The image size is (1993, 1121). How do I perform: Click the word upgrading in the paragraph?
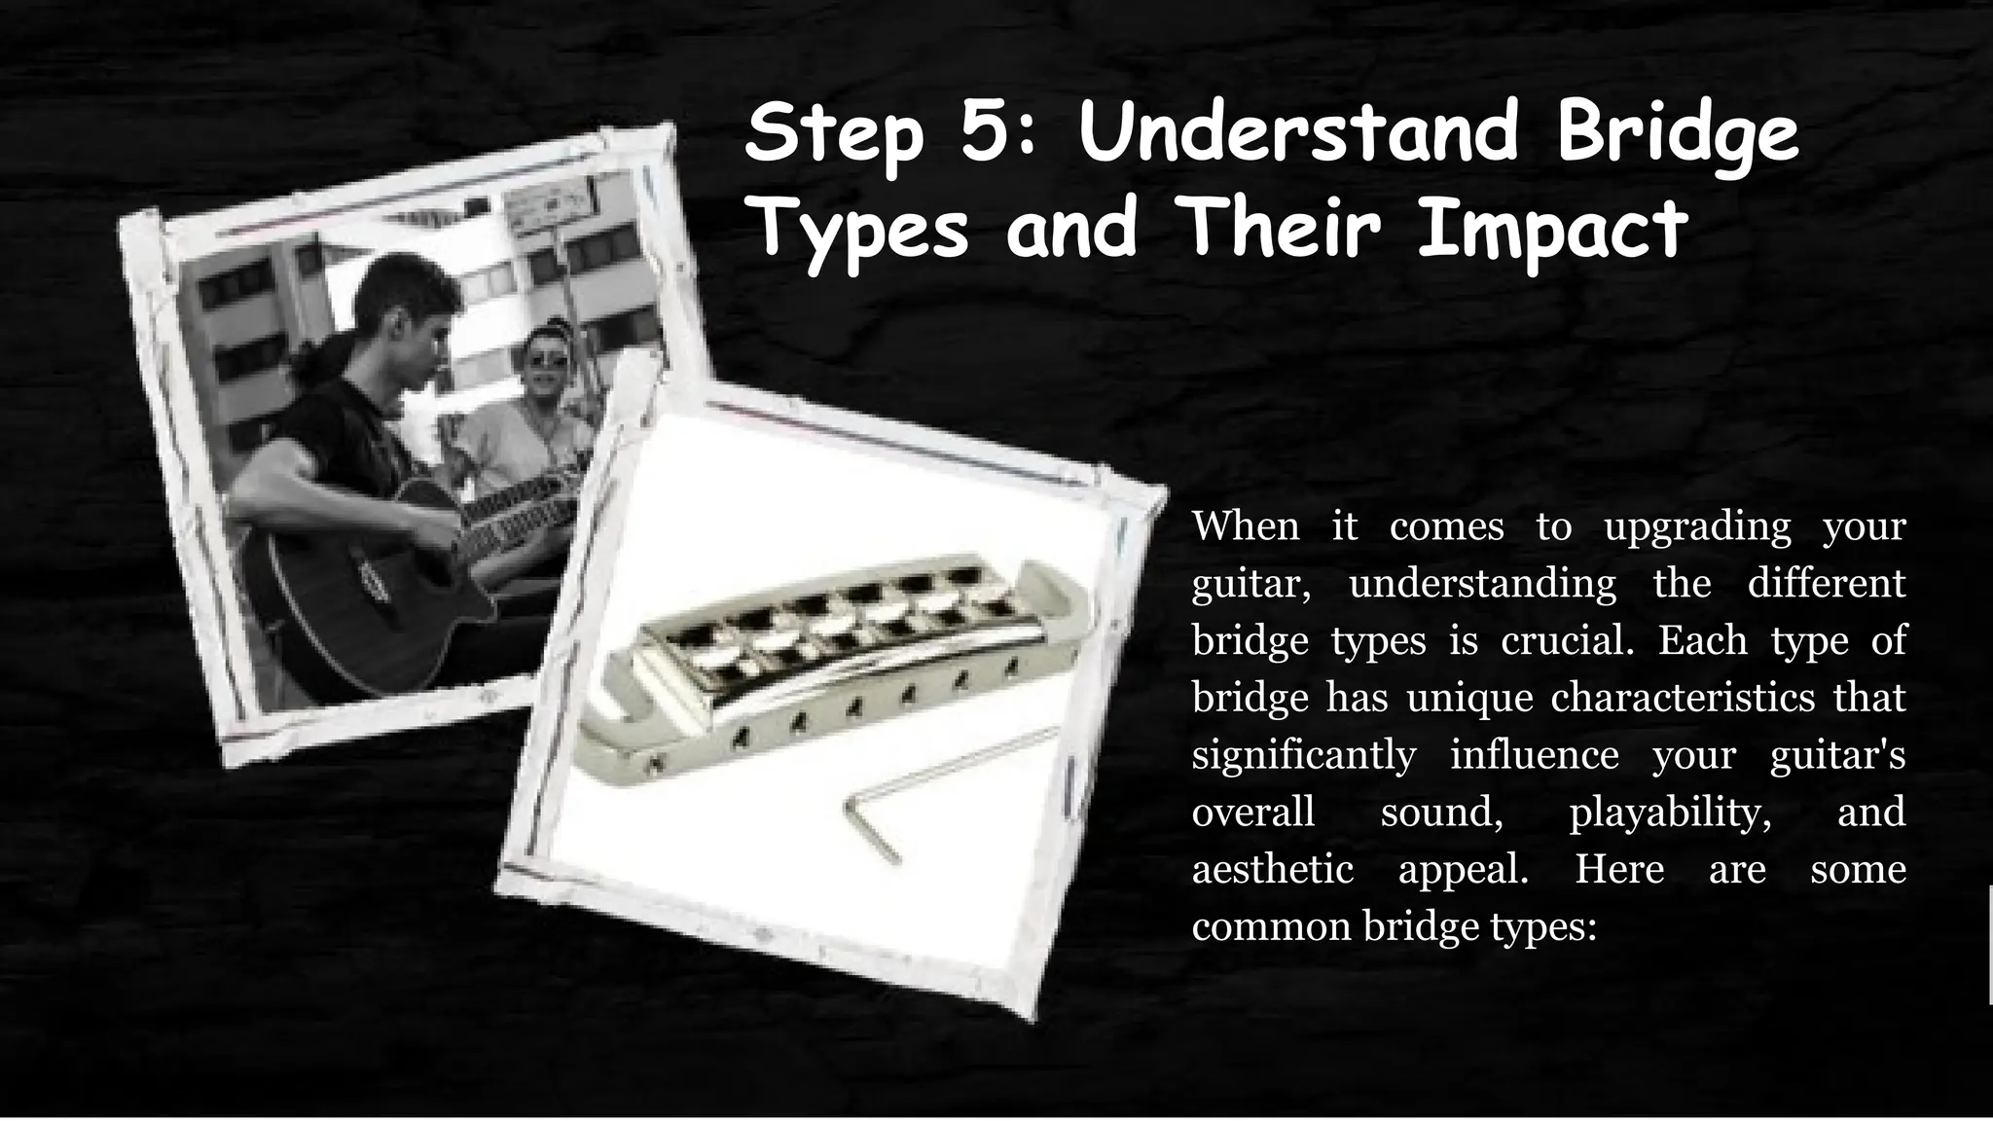(x=1697, y=526)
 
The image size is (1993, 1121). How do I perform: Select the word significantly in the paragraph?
(x=1303, y=756)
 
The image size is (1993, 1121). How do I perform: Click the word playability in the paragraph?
(x=1670, y=812)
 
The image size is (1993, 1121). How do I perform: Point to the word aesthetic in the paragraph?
(x=1272, y=868)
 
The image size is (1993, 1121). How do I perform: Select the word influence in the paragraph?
(x=1534, y=755)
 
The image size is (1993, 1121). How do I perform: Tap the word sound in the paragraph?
(x=1441, y=812)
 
